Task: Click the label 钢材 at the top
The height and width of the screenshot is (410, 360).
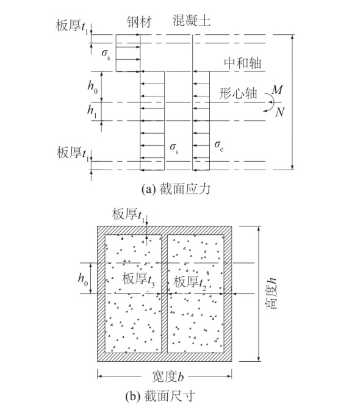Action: (139, 22)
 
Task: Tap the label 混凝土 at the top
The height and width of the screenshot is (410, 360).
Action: (192, 20)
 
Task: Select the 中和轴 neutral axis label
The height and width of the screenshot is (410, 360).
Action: (243, 63)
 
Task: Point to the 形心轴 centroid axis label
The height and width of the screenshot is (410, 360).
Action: (238, 93)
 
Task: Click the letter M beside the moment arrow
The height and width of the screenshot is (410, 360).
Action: (277, 90)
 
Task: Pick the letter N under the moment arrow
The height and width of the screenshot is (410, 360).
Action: (279, 112)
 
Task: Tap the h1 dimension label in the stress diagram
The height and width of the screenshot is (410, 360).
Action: (92, 111)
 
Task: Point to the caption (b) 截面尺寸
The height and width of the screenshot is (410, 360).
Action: (160, 396)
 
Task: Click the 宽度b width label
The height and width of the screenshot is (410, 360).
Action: (168, 376)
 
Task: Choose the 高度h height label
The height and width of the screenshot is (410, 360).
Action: (271, 293)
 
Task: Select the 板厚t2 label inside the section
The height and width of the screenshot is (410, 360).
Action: (190, 282)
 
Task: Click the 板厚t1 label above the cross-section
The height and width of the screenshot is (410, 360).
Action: (128, 215)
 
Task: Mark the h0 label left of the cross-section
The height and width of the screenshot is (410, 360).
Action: (83, 278)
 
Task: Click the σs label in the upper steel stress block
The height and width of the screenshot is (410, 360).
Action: (106, 54)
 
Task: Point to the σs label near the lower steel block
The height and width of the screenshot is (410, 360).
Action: (174, 148)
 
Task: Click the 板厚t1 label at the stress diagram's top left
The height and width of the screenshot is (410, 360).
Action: (71, 26)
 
